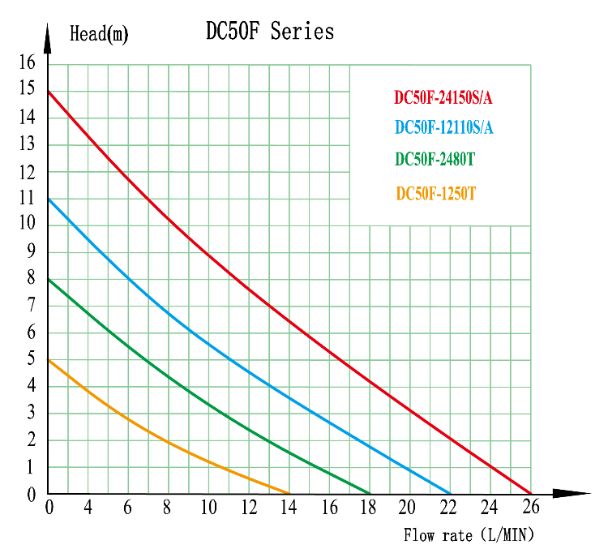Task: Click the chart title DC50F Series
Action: coord(270,32)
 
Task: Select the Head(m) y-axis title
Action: coord(99,35)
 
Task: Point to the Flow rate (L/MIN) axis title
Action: coord(469,535)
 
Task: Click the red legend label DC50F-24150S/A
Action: coord(443,99)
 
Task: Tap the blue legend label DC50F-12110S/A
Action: coord(443,128)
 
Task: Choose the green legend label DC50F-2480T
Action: coord(435,160)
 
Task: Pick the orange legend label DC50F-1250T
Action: coord(435,194)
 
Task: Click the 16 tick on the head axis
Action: coord(28,62)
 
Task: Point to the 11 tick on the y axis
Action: coord(28,198)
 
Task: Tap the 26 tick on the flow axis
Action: coord(531,508)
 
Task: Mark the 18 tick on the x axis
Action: coord(369,508)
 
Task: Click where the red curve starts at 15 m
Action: coord(49,91)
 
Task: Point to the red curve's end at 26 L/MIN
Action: coord(531,493)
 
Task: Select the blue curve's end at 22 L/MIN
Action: coord(451,493)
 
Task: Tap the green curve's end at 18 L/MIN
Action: coord(370,493)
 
